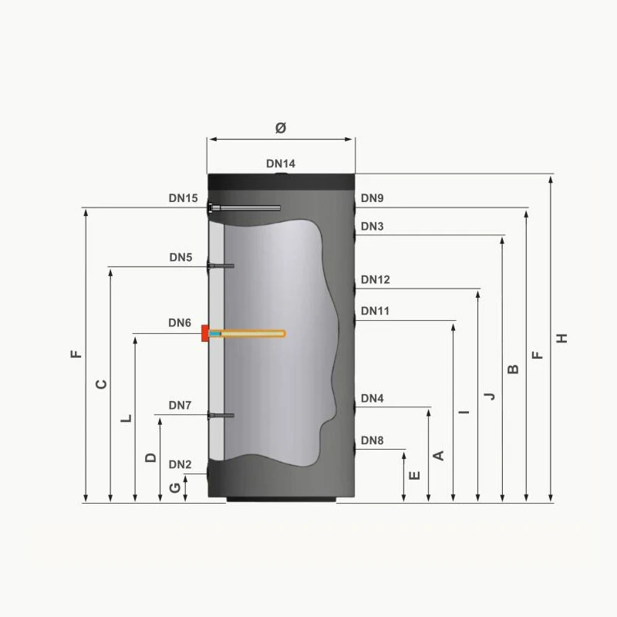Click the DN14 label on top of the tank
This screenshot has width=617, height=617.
point(281,164)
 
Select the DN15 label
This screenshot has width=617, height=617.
point(184,198)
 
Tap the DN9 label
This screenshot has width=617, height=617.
point(372,198)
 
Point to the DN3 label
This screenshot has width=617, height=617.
point(372,227)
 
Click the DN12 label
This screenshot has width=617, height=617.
point(375,280)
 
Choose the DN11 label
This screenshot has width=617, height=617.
point(375,312)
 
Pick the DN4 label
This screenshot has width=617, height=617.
point(372,399)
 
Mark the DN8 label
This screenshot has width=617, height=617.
point(372,441)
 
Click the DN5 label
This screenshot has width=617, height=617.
point(180,258)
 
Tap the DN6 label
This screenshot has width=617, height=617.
point(180,323)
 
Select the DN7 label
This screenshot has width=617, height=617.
point(180,406)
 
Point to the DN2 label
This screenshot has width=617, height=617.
point(180,464)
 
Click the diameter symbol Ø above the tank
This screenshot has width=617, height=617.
point(281,128)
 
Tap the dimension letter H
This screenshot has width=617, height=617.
point(562,339)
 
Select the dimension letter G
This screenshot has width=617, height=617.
point(175,487)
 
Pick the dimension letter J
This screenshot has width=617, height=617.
point(489,396)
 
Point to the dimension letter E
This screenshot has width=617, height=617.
point(415,476)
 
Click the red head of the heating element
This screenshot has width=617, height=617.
point(205,333)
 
